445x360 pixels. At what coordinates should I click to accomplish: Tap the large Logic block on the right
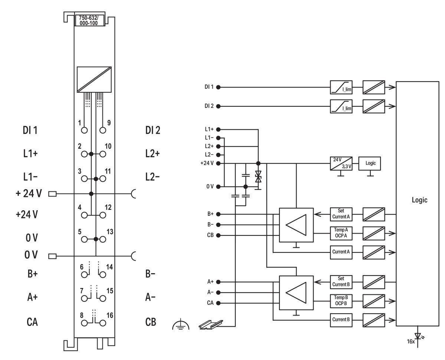click(419, 200)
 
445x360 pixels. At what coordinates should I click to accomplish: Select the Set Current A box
click(341, 214)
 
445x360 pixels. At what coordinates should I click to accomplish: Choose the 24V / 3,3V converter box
click(341, 163)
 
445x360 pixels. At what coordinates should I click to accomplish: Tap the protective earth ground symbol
click(181, 325)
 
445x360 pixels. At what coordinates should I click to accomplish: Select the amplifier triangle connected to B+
click(296, 225)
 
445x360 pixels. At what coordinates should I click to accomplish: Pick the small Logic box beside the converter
click(370, 163)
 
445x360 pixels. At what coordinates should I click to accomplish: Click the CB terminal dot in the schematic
click(218, 235)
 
